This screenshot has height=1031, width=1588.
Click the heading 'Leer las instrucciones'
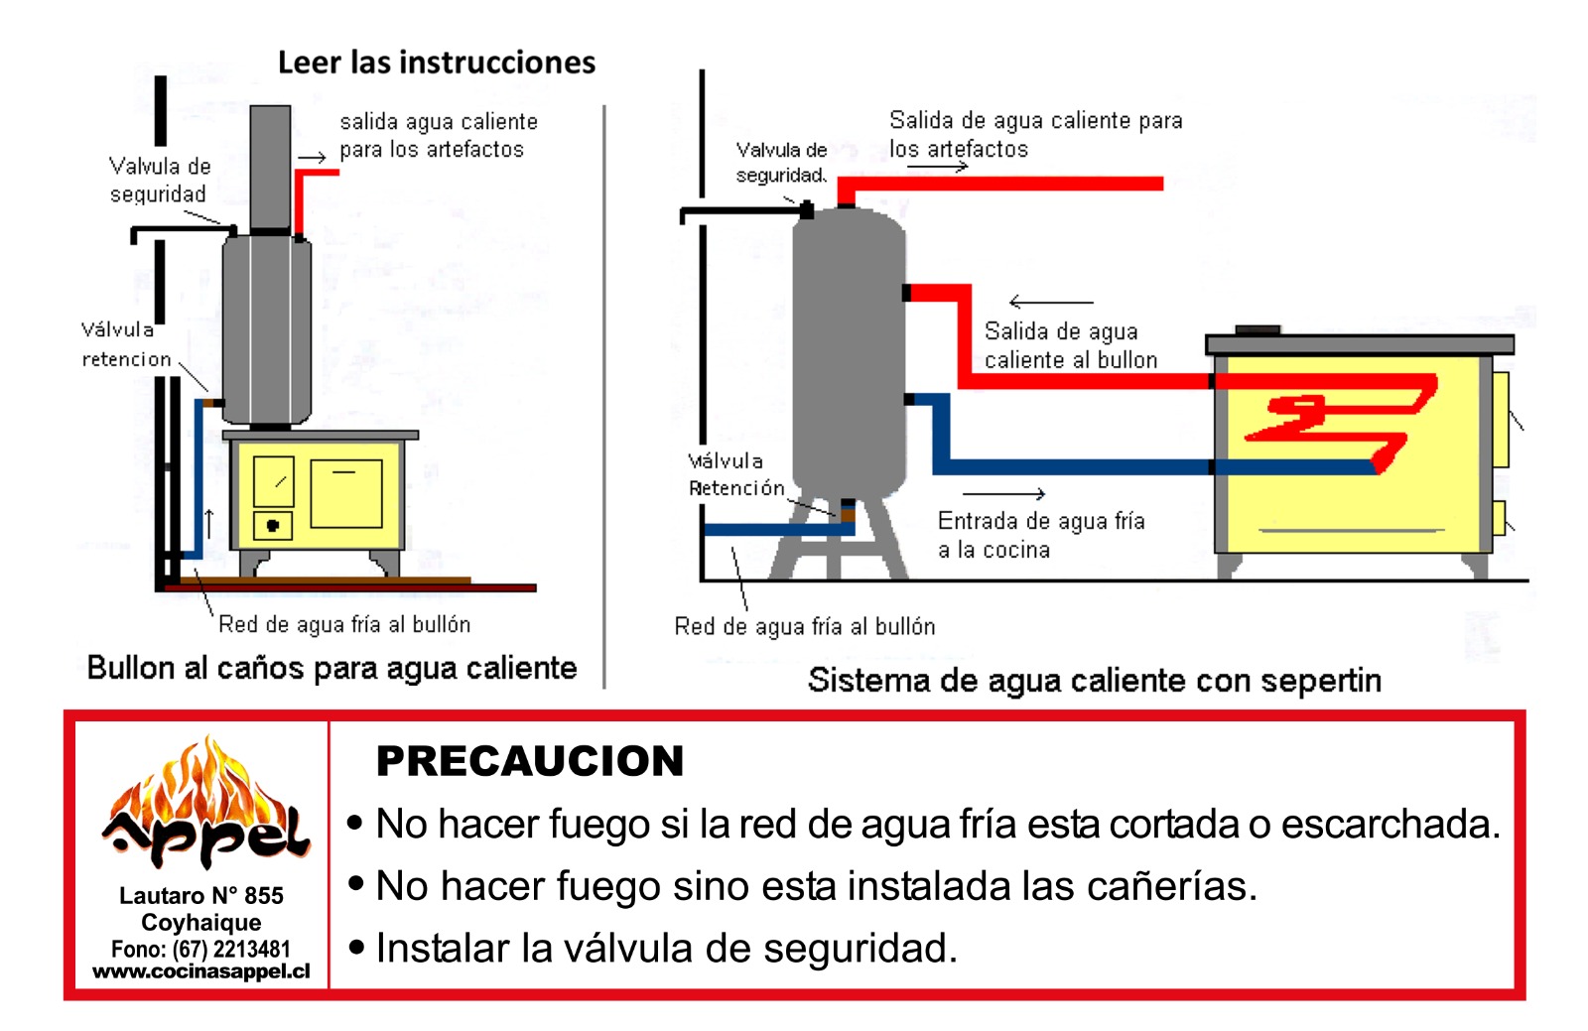pos(436,63)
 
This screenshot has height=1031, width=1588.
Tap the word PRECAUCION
pos(530,761)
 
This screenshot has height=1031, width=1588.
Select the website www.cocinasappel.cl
pos(201,971)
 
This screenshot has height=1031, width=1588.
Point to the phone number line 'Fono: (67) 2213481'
pos(201,949)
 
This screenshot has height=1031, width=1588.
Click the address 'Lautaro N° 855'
pos(201,895)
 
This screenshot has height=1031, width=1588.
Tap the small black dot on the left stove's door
pos(273,525)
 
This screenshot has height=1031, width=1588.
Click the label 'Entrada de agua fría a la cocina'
pos(1040,535)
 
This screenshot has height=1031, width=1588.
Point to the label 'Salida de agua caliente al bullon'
pos(1070,345)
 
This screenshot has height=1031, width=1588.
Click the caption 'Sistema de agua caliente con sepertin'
pos(1094,681)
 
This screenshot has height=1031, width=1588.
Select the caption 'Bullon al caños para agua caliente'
pos(331,668)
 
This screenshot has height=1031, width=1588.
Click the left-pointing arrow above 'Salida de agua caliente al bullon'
pos(1050,302)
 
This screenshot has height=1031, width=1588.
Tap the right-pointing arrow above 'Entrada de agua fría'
pos(1003,493)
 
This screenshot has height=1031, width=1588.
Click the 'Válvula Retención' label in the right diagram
pos(734,474)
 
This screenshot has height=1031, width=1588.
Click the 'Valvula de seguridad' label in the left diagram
pos(159,180)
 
